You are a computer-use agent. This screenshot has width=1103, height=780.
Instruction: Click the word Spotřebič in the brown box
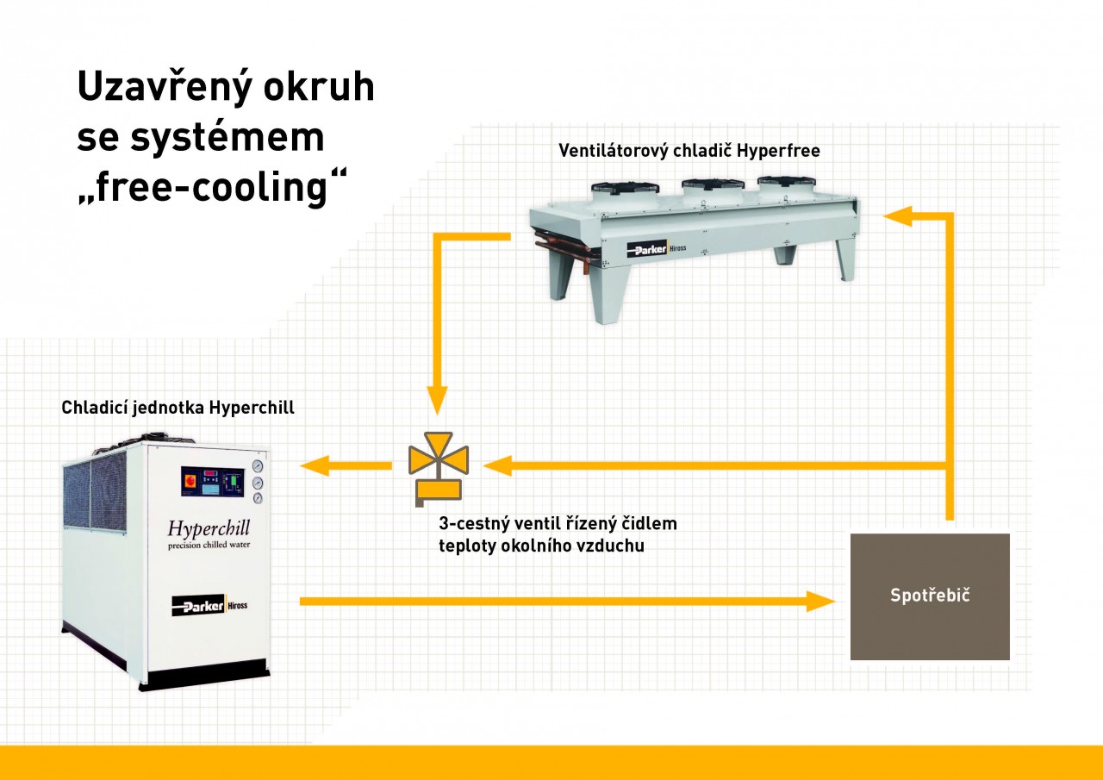[x=930, y=595]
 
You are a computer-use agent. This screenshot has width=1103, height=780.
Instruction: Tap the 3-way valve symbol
[x=439, y=469]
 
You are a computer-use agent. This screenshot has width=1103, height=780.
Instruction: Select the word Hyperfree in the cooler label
[x=778, y=151]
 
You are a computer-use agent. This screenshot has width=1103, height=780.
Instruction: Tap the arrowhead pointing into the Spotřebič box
[x=821, y=602]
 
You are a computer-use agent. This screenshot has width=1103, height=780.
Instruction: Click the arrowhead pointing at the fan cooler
[x=898, y=216]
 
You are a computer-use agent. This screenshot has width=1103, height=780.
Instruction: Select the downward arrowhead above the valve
[x=437, y=401]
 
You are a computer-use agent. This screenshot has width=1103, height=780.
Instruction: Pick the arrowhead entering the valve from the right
[x=497, y=465]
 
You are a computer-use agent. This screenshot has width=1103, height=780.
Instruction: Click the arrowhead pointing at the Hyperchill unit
[x=315, y=465]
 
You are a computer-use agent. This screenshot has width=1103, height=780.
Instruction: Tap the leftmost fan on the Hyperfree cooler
[x=625, y=188]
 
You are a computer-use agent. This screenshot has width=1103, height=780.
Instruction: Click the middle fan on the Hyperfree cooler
[x=712, y=184]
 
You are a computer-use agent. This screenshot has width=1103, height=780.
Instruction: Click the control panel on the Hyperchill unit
[x=212, y=482]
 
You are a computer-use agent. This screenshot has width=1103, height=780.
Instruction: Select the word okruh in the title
[x=319, y=87]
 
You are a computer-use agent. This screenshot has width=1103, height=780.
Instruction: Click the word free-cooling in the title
[x=212, y=187]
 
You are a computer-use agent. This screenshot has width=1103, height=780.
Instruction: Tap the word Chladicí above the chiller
[x=94, y=407]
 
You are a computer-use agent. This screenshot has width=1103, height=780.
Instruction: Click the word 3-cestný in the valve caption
[x=474, y=523]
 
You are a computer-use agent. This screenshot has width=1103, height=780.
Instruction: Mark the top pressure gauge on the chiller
[x=258, y=465]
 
